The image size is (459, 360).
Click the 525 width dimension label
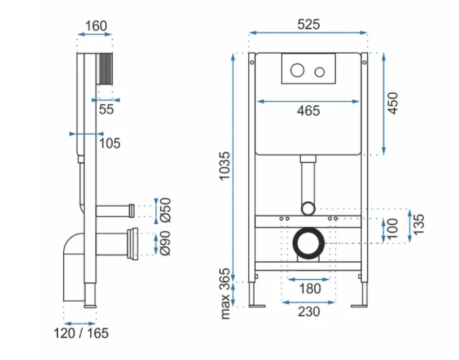click(x=309, y=24)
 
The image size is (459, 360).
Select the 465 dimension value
click(x=309, y=111)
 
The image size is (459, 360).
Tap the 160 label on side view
click(x=96, y=26)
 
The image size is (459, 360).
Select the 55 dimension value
click(x=106, y=109)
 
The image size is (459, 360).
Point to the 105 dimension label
click(x=109, y=144)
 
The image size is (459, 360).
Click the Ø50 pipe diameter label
click(x=164, y=210)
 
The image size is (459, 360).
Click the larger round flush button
click(x=297, y=71)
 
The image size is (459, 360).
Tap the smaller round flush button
click(x=320, y=71)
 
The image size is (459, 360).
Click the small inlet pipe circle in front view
click(x=309, y=207)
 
